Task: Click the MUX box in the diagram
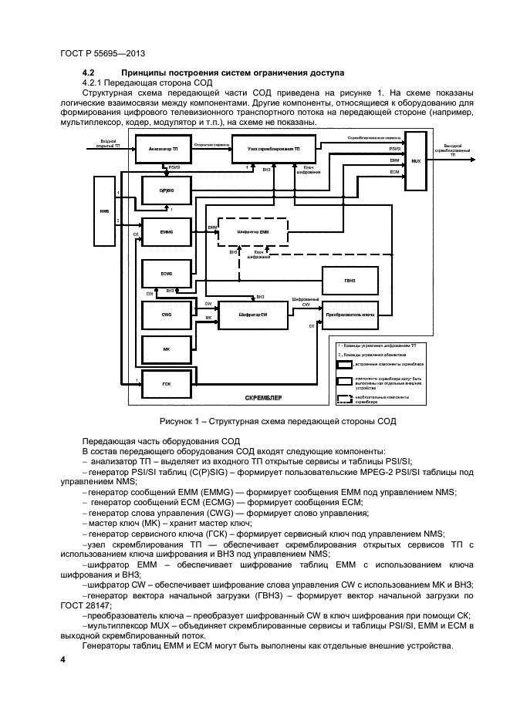415,162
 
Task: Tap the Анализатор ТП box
164,147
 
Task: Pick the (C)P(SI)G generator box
164,190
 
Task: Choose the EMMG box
164,231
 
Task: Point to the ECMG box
164,273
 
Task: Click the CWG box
164,314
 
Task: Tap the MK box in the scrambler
164,349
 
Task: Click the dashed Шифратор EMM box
252,231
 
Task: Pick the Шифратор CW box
252,315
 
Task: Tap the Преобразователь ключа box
350,315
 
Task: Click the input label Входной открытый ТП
109,143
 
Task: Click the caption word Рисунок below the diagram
179,420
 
